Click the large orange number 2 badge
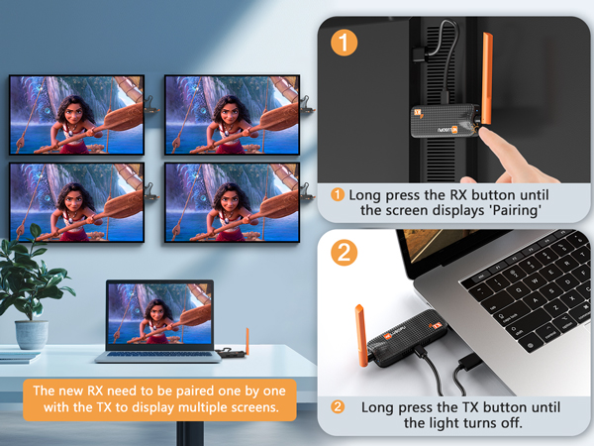coord(342,252)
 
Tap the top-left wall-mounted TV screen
coord(75,115)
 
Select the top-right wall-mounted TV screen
coord(231,115)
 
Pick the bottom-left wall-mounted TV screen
coord(75,203)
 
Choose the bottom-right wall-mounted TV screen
coord(231,203)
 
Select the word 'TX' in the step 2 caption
coord(472,407)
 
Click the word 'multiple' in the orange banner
coord(194,406)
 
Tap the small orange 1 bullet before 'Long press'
coord(337,194)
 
